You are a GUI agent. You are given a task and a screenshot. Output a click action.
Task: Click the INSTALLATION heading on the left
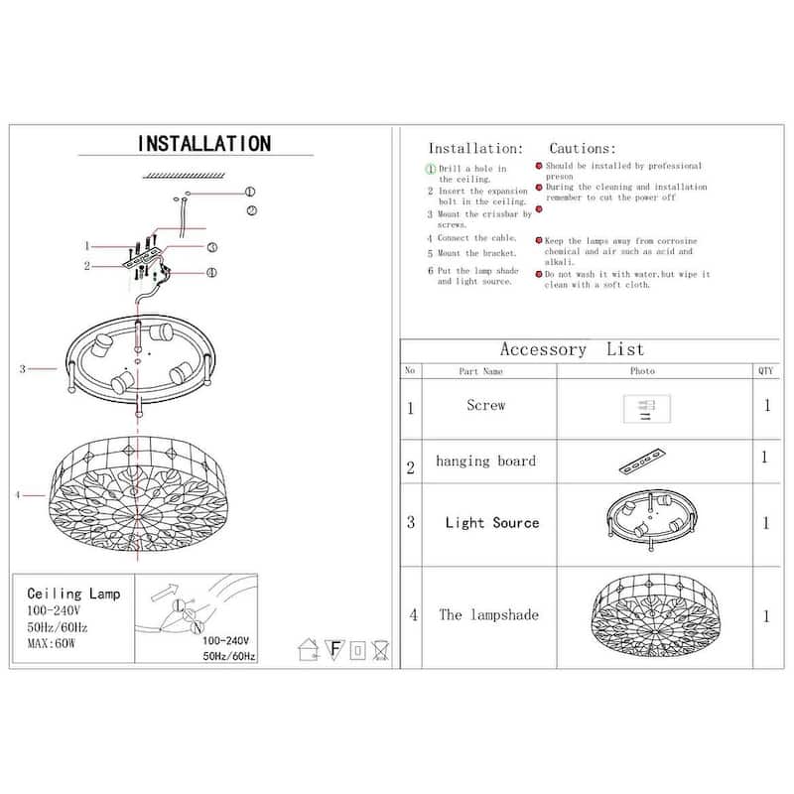tap(203, 144)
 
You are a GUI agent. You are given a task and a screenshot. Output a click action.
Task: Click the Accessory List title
tap(572, 349)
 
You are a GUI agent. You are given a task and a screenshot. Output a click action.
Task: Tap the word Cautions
tap(583, 147)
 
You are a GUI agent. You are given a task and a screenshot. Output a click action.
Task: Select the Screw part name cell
tap(485, 405)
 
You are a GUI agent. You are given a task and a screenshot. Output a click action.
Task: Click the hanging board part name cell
tap(485, 461)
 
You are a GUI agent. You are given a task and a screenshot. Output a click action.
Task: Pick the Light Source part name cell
tap(491, 522)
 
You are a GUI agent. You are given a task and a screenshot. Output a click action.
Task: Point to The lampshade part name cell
tap(488, 614)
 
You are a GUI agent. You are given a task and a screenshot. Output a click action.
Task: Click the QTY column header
tap(765, 370)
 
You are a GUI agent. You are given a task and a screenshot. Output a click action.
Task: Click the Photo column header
tap(642, 371)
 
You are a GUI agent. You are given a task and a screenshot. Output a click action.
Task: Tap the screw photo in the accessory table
tap(646, 408)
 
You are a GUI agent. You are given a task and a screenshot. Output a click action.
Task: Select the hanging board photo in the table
tap(641, 463)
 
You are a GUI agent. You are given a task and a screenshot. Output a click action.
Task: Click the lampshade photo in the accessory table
tap(652, 615)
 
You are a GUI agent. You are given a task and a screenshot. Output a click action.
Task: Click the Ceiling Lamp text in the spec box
tap(73, 593)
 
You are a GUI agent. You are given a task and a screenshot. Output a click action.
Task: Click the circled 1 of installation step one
tap(431, 169)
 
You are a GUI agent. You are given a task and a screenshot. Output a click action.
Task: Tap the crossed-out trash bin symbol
tap(380, 650)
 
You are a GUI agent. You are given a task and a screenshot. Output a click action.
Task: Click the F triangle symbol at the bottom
tap(334, 650)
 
